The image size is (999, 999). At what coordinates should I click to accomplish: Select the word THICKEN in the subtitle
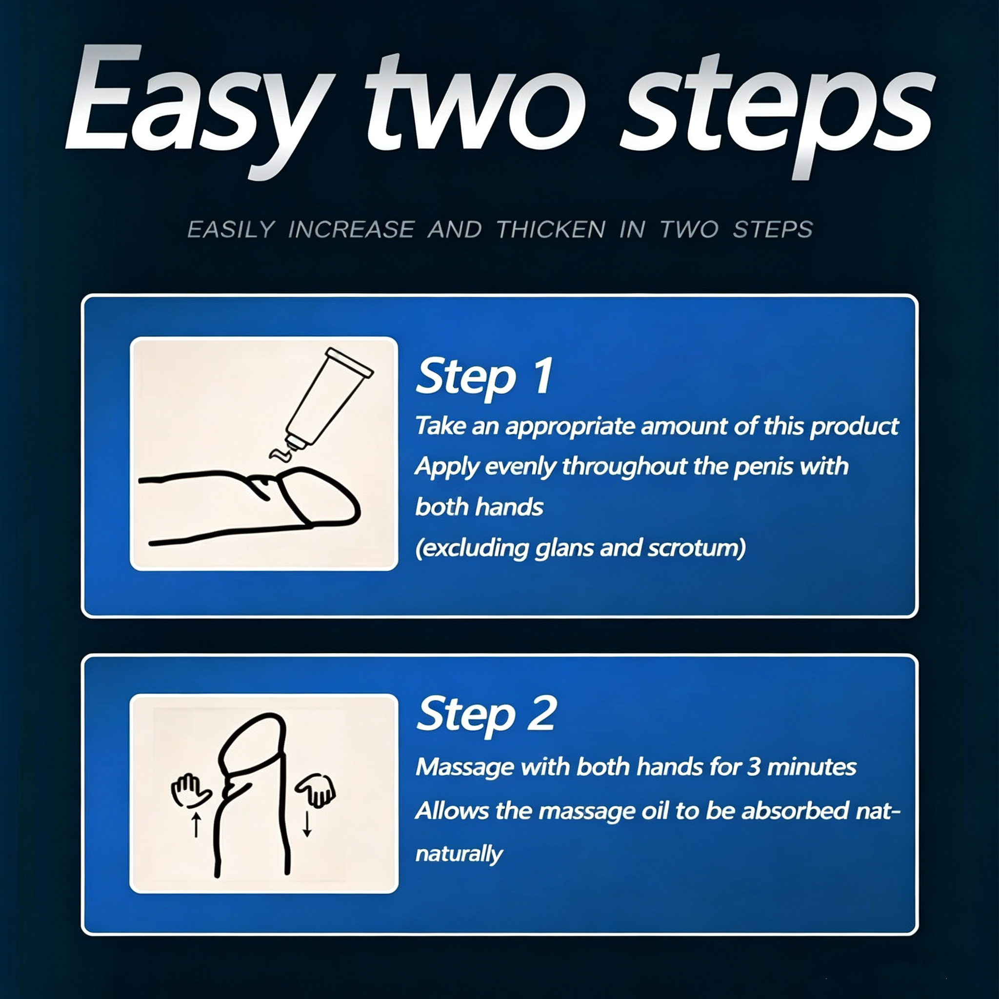point(551,230)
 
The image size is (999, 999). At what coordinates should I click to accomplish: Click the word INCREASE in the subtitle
point(351,230)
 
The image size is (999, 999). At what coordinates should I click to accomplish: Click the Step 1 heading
point(484,377)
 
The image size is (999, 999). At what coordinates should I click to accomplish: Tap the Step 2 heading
point(486,715)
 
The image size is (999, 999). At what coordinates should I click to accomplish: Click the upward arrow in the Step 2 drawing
point(196,824)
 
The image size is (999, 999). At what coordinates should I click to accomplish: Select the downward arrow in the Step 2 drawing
point(307,824)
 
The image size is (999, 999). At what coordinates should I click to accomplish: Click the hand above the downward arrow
point(316,790)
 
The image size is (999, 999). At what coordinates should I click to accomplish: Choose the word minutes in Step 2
point(811,767)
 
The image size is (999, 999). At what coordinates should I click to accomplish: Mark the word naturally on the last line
point(459,854)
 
